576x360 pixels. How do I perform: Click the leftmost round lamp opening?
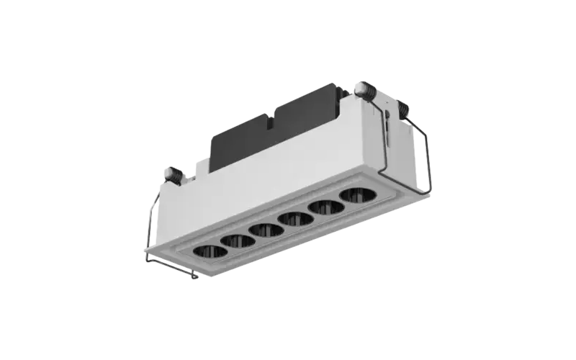tap(210, 251)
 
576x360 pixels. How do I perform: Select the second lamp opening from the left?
tap(238, 240)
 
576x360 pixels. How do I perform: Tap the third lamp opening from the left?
tap(266, 230)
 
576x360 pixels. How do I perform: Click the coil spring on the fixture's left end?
tap(173, 174)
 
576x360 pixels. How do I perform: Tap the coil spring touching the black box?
tap(363, 91)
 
